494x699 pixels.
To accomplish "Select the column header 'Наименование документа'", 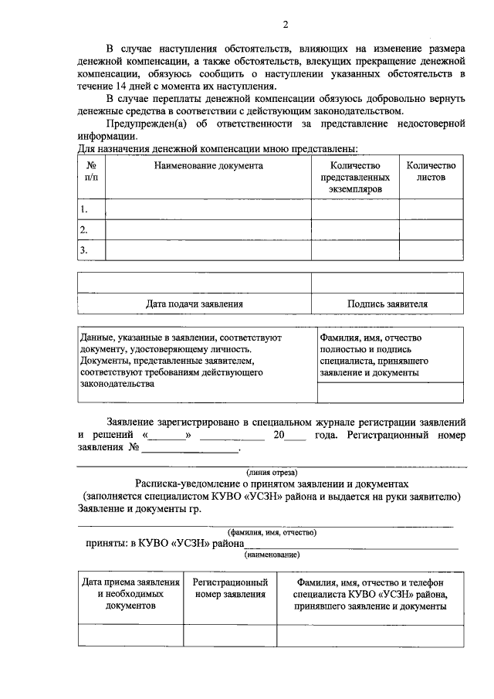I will click(x=208, y=165).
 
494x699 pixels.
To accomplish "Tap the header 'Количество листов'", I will click(x=431, y=171).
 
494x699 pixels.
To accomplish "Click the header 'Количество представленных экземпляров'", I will click(x=355, y=177).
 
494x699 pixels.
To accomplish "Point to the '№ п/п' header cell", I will click(x=91, y=171).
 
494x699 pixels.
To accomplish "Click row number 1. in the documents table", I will click(x=84, y=209).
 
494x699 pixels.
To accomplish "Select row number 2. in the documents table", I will click(x=84, y=230).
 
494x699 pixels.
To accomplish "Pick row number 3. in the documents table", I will click(x=84, y=250).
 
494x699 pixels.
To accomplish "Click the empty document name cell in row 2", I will click(x=208, y=230).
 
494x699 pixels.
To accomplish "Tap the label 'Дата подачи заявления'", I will click(x=195, y=304).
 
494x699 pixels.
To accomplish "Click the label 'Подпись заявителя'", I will click(x=387, y=304).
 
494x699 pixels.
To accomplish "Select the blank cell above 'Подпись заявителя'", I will click(x=387, y=283).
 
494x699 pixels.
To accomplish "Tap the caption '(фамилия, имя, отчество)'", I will click(x=272, y=533).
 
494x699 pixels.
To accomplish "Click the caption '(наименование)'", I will click(x=272, y=555).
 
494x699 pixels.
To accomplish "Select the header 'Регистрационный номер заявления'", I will click(x=230, y=589).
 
